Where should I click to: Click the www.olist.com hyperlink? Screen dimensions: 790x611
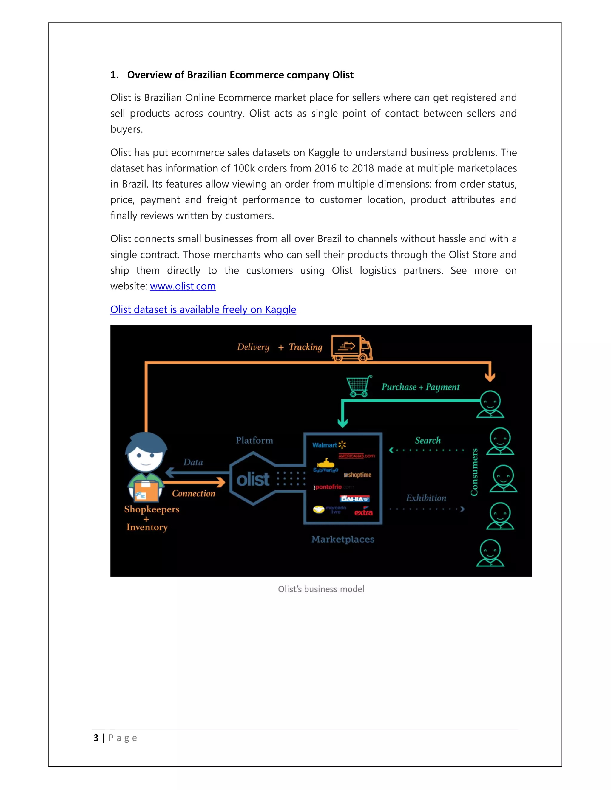point(183,286)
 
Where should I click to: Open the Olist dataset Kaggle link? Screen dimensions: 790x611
point(203,310)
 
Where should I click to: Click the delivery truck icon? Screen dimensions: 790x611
point(351,348)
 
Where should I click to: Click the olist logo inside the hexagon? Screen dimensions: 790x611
point(253,480)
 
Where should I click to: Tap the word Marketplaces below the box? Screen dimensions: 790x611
point(343,539)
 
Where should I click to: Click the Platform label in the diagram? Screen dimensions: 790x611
point(254,441)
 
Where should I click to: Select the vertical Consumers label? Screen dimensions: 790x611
point(474,472)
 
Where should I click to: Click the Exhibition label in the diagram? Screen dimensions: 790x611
point(426,498)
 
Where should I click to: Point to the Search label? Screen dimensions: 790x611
point(428,441)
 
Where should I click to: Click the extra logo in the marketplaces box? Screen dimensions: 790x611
point(363,512)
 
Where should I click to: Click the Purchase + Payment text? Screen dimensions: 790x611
point(421,387)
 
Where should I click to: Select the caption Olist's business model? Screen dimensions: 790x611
point(321,589)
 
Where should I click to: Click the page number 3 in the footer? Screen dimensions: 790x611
point(96,738)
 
